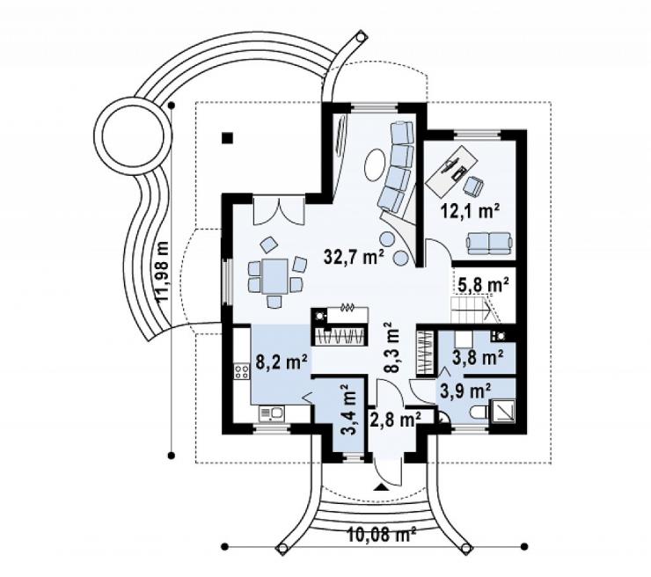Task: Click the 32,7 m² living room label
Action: tap(354, 257)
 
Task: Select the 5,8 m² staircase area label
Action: tap(484, 285)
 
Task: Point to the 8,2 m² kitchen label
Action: tap(282, 362)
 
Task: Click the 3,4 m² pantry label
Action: tap(349, 409)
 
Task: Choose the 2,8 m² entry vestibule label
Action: tap(394, 420)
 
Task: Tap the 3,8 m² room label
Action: tap(479, 357)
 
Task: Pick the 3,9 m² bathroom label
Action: tap(466, 391)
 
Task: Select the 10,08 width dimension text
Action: tap(381, 535)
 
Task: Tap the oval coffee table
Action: tap(375, 164)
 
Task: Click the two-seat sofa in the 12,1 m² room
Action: tap(488, 243)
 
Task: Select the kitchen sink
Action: tap(272, 413)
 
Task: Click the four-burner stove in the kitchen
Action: tap(242, 371)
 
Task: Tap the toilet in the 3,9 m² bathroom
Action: tap(479, 413)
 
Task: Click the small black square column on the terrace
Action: tap(227, 138)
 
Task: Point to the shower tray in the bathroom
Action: tap(503, 411)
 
